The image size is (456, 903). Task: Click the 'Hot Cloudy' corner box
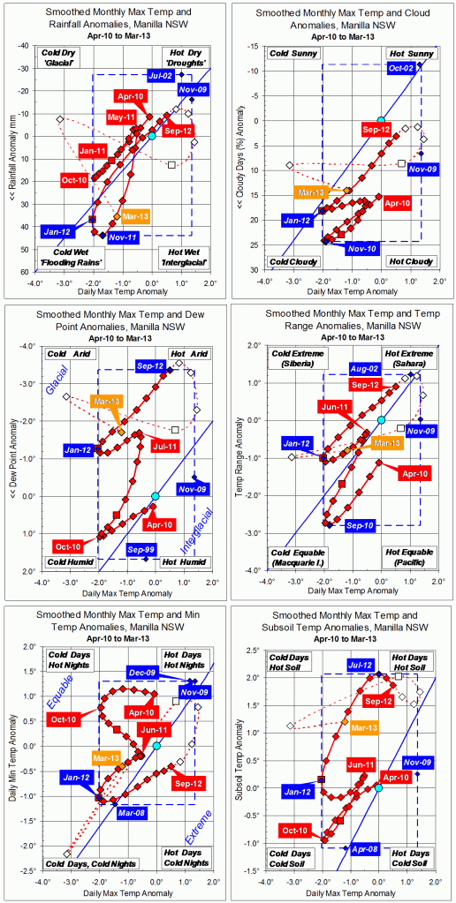(x=408, y=261)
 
